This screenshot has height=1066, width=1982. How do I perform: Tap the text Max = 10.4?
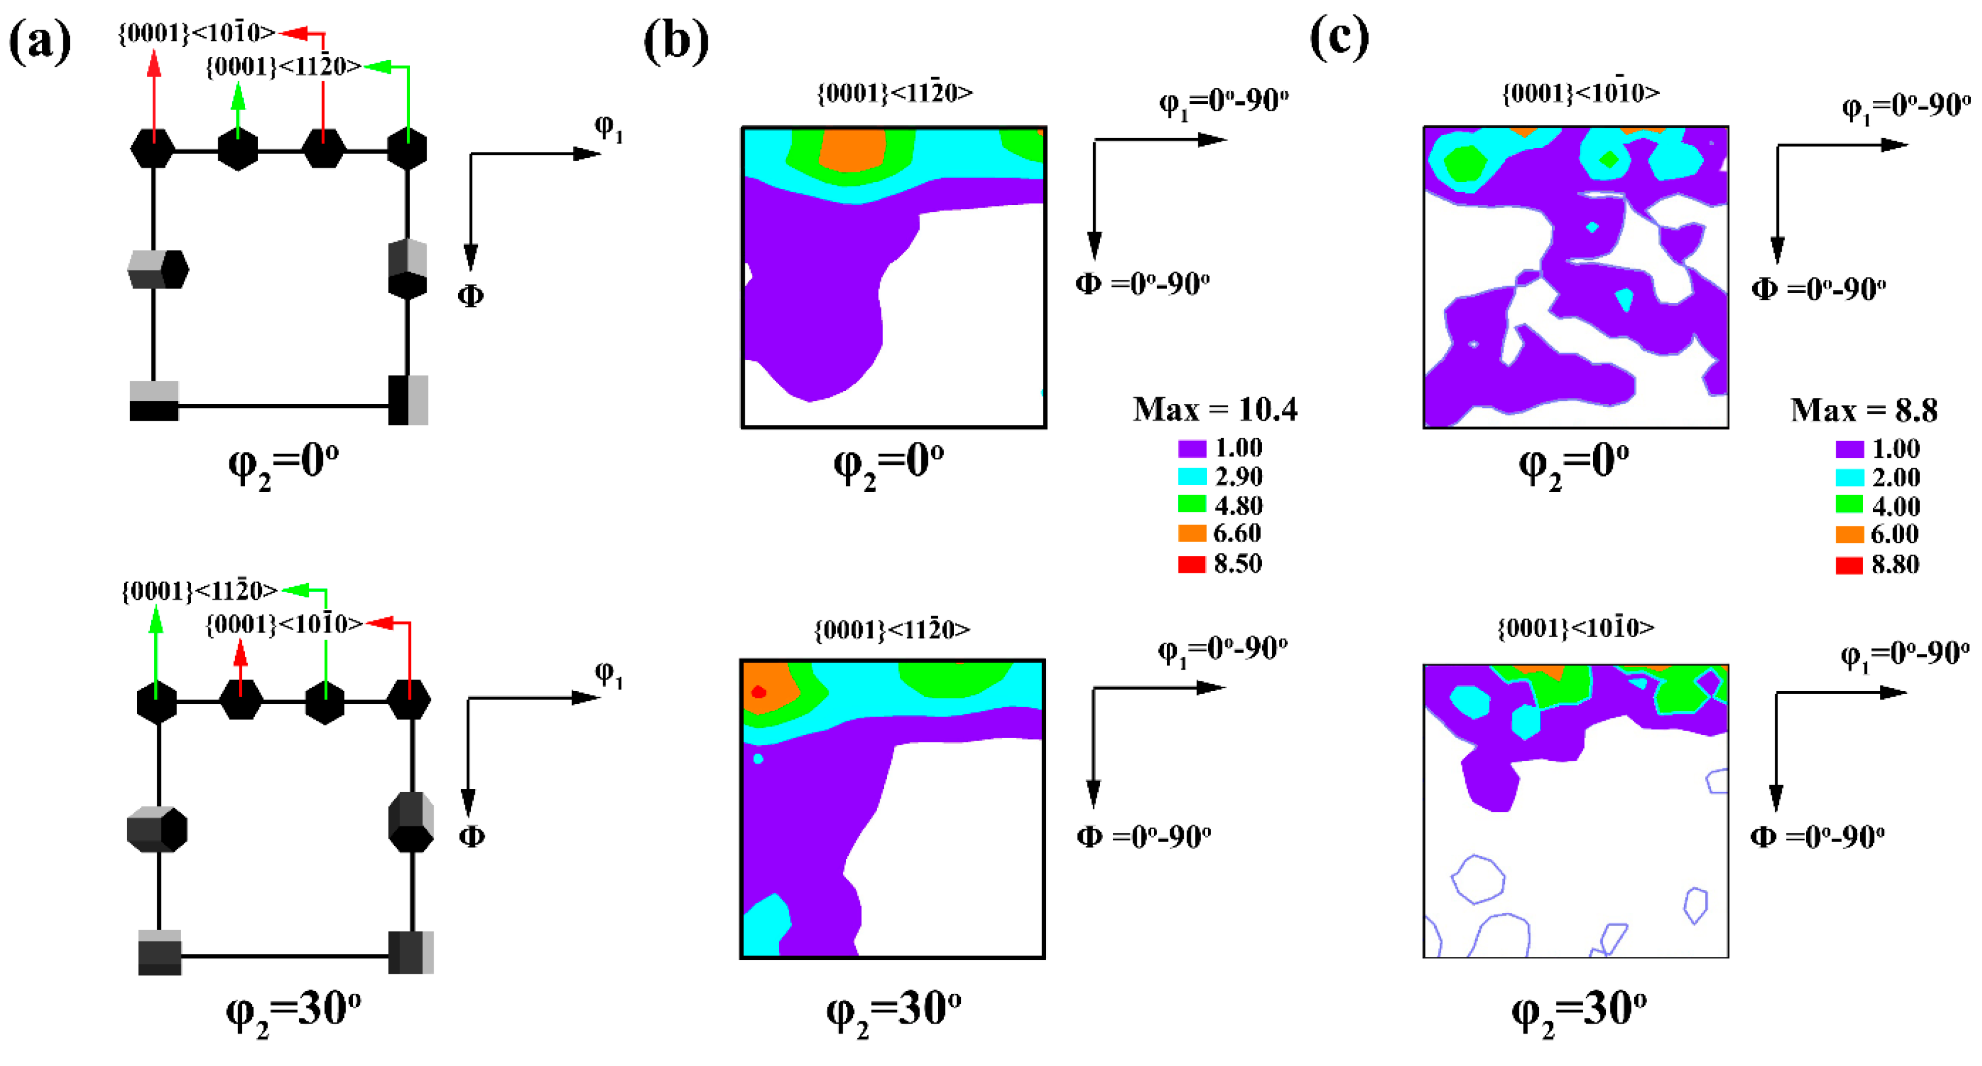click(1214, 409)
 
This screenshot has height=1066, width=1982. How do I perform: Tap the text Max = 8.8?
click(1863, 410)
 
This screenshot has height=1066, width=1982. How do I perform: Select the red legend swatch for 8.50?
click(1191, 565)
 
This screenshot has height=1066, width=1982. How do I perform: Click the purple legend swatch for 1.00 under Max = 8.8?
click(1849, 449)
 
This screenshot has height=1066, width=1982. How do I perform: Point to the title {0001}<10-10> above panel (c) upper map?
click(1580, 93)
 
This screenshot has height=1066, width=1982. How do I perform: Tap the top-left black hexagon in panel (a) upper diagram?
click(153, 149)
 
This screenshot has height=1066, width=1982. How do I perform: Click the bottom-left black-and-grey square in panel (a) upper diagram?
click(154, 401)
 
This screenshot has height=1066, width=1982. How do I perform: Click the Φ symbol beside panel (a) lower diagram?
click(471, 836)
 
